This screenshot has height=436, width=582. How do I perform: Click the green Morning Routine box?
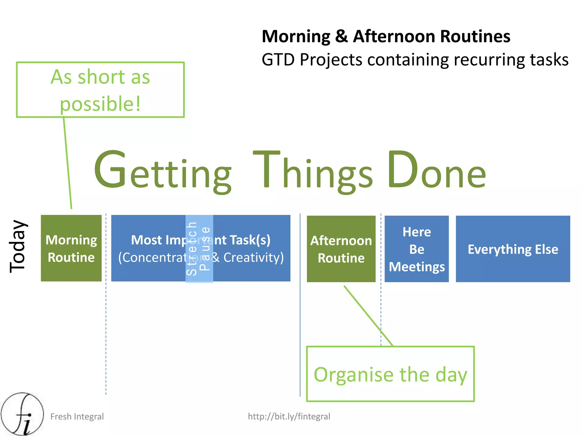click(x=71, y=248)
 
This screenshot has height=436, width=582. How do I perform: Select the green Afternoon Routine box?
click(x=341, y=249)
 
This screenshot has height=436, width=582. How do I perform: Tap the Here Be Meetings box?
click(x=416, y=249)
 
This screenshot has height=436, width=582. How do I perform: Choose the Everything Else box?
click(x=513, y=249)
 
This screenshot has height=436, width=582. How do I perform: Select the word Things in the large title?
click(x=313, y=172)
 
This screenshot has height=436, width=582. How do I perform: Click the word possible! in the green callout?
click(x=100, y=103)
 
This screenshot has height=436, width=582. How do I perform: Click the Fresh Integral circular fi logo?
click(x=22, y=414)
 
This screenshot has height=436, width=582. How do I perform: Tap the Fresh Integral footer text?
click(x=77, y=416)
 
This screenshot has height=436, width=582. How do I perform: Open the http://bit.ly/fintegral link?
click(x=289, y=416)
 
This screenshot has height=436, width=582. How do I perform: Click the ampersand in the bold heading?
click(x=341, y=36)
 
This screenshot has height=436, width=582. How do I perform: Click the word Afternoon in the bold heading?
click(x=394, y=36)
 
